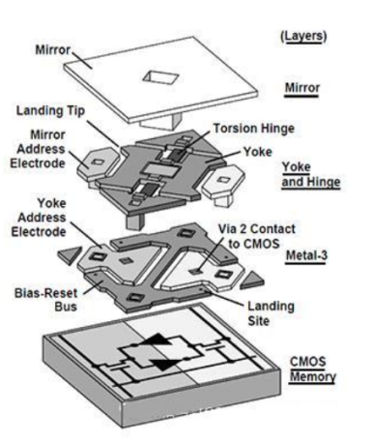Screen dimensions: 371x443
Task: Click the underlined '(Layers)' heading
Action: coord(303,36)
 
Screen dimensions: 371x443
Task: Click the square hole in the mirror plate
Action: coord(160,77)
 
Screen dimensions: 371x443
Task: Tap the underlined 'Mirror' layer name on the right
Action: coord(302,88)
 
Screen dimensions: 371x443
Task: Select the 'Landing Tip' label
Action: coord(51,111)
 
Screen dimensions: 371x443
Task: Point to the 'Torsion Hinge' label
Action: coord(254,129)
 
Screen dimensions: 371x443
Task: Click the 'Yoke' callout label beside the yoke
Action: coord(258,152)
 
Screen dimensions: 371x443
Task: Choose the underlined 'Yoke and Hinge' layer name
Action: coord(310,174)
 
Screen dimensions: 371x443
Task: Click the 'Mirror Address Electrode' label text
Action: coord(38,149)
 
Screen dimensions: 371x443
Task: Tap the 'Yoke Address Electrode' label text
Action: coord(39,218)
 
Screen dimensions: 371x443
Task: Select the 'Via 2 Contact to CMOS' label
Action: coord(256,236)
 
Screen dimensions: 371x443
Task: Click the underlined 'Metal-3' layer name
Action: coord(306,255)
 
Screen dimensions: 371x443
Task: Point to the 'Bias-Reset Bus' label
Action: coord(46,300)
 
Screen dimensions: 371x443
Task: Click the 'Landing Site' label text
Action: coord(271,313)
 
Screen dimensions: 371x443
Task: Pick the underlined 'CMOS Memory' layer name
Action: coord(312,369)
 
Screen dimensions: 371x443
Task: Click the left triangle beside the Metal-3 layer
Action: coord(70,255)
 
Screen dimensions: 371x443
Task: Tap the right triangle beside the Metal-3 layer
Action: coord(252,280)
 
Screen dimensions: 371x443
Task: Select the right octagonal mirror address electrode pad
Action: coord(222,182)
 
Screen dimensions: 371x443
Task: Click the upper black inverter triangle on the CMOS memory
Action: coord(157,340)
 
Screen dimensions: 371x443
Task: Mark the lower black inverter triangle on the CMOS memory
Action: coord(164,364)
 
